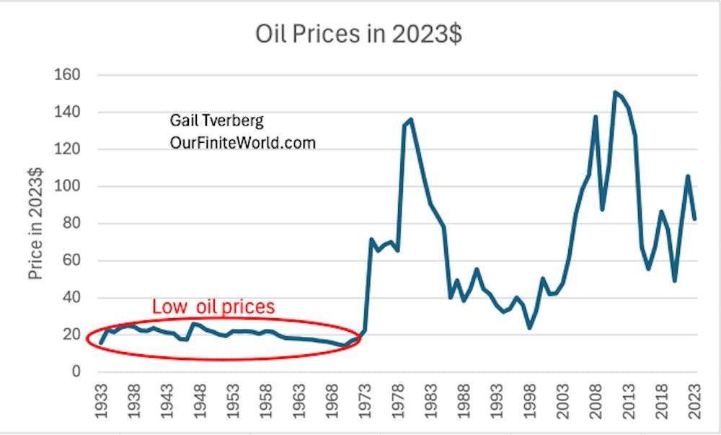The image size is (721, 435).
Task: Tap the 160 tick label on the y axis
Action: (67, 75)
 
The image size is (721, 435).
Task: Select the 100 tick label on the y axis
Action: (67, 186)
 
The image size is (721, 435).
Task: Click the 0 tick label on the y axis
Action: (74, 372)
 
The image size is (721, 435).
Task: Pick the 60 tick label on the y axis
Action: (70, 260)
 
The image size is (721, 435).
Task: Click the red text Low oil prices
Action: (213, 307)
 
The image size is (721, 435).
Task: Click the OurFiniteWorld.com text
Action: (242, 143)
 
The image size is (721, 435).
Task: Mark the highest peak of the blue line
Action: (615, 92)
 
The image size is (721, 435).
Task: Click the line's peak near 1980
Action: (411, 119)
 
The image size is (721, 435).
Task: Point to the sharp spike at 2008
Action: (596, 116)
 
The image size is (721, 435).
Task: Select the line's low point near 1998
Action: (530, 328)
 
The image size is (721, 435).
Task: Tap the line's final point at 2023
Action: (695, 219)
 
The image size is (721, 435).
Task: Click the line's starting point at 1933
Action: (102, 343)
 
